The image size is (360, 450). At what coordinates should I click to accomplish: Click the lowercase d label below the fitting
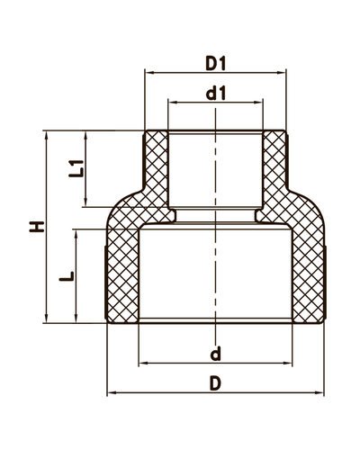(214, 350)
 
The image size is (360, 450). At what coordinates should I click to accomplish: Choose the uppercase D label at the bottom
(214, 383)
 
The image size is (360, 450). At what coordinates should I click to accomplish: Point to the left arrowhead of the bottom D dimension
(112, 393)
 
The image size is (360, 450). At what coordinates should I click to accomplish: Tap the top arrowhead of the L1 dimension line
(87, 136)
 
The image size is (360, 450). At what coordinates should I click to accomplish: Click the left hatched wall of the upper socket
(157, 171)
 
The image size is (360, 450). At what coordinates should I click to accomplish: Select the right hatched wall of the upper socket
(274, 171)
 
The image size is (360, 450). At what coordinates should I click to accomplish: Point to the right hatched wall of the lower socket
(307, 270)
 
